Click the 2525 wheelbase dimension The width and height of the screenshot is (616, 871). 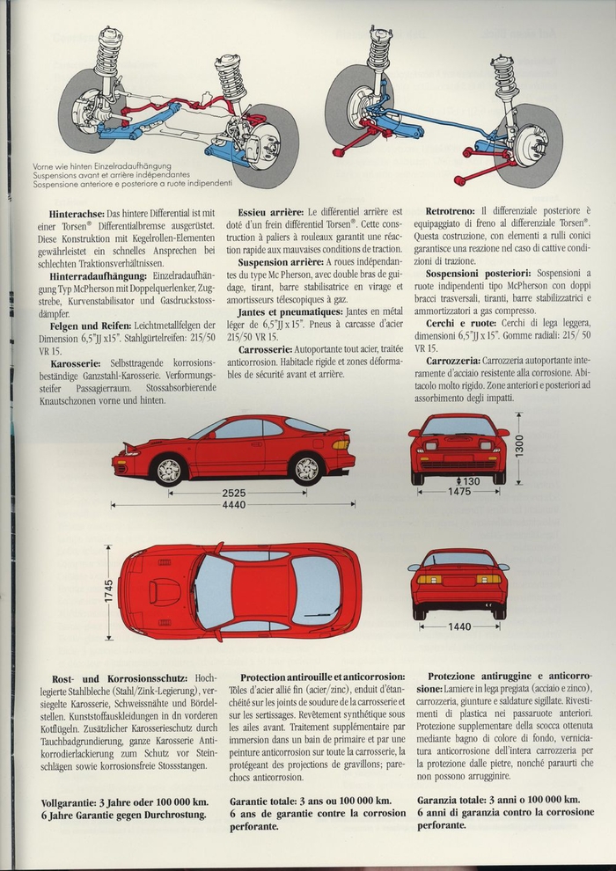click(x=233, y=494)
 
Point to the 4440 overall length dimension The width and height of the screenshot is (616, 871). click(x=233, y=505)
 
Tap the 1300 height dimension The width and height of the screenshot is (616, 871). click(x=519, y=448)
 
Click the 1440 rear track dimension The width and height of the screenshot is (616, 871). click(x=459, y=627)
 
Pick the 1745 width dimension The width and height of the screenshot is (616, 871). click(x=110, y=591)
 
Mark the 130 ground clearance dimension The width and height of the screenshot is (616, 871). click(x=471, y=480)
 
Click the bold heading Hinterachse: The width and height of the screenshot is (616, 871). click(x=77, y=214)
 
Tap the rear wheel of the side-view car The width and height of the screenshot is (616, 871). click(x=308, y=468)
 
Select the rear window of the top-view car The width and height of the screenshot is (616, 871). click(x=314, y=591)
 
